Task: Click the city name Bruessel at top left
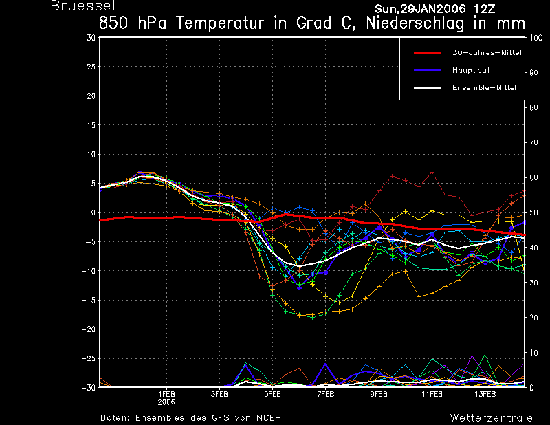point(83,6)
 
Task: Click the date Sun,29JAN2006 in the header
point(420,9)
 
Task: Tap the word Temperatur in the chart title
point(219,23)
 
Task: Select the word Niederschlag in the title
point(415,23)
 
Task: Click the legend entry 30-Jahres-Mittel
point(487,53)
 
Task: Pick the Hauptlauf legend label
point(471,70)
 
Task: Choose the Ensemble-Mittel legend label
point(484,88)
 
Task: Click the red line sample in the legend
point(427,53)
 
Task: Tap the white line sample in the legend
point(427,88)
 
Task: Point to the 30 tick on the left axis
point(91,38)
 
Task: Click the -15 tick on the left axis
point(89,300)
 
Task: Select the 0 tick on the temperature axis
point(93,212)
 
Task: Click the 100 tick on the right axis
point(536,38)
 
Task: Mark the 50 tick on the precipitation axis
point(533,212)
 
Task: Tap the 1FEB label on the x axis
point(166,395)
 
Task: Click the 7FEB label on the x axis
point(326,395)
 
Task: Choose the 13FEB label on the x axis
point(485,395)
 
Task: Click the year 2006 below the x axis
point(166,402)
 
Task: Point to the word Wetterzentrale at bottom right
point(491,418)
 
